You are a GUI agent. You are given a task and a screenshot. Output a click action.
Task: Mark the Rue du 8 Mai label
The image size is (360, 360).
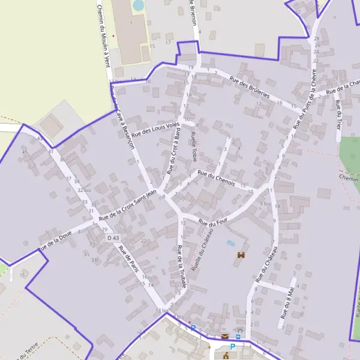tap(288, 298)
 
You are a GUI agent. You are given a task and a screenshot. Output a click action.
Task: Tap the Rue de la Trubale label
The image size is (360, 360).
tap(179, 271)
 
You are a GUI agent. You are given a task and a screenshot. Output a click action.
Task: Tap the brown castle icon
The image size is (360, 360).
tap(242, 255)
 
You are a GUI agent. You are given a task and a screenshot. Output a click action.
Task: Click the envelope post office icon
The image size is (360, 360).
tap(225, 337)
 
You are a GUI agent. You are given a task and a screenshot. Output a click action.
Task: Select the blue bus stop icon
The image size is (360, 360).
tap(238, 337)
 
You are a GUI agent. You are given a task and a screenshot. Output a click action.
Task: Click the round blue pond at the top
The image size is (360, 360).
tap(139, 5)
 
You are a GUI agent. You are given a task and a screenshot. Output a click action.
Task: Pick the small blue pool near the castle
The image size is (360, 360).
tap(231, 243)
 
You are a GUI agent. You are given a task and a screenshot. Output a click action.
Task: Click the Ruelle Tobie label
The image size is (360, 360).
tap(193, 146)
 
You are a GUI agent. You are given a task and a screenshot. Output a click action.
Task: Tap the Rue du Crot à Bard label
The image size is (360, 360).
tap(173, 152)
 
